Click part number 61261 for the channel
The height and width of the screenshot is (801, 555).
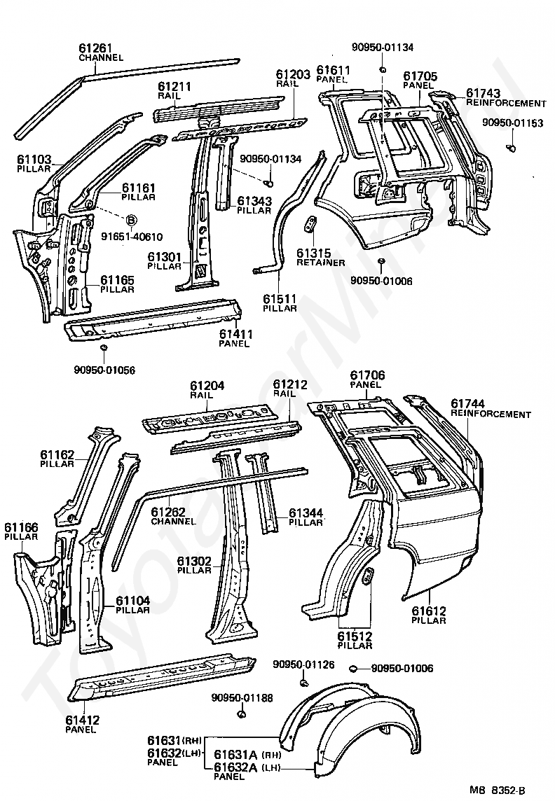[95, 48]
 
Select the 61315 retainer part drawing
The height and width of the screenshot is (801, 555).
[310, 224]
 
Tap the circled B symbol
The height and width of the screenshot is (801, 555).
[131, 220]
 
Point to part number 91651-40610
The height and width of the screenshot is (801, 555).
[132, 237]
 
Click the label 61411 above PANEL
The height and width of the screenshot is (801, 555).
[236, 334]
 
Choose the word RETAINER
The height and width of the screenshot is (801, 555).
[321, 263]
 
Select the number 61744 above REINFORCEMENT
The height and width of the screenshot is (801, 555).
[467, 404]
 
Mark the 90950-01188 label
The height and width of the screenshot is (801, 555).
[242, 698]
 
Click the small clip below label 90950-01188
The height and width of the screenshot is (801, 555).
[242, 714]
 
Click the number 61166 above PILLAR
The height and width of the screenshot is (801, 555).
[22, 527]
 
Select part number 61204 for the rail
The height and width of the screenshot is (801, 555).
[207, 386]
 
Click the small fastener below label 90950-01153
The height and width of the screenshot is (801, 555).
[511, 148]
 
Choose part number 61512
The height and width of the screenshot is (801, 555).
[355, 636]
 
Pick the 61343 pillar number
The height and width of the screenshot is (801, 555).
[254, 201]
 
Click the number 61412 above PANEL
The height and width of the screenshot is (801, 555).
[82, 720]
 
